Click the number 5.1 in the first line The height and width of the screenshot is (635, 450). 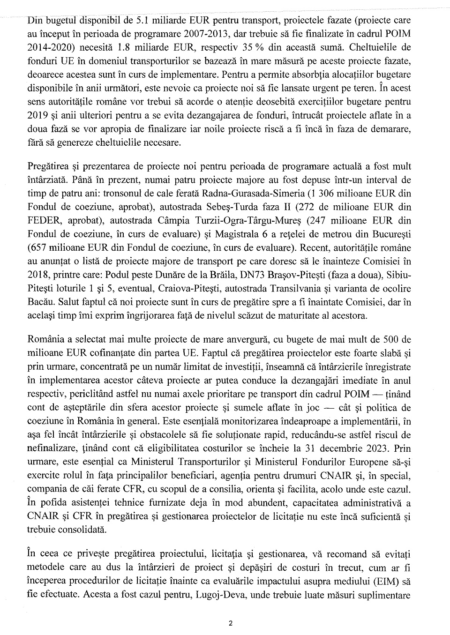[142, 21]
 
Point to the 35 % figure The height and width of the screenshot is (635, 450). [267, 48]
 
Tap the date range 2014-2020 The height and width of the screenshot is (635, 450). [50, 48]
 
